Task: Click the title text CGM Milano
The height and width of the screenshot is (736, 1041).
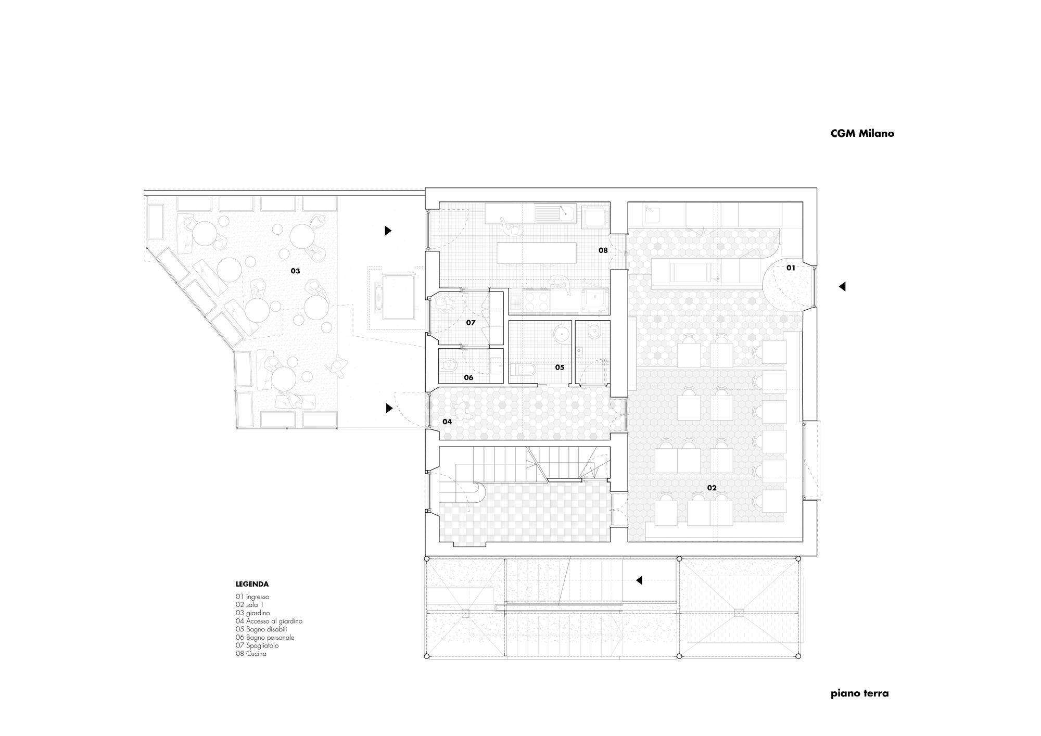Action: click(x=862, y=133)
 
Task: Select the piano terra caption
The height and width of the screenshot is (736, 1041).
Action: click(x=859, y=693)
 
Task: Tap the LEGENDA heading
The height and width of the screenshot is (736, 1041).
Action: click(x=252, y=584)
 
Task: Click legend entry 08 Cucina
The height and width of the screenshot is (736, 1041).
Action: click(x=251, y=653)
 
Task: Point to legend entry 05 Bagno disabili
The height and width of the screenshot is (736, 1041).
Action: click(x=261, y=629)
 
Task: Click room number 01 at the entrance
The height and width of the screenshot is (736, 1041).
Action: click(x=791, y=268)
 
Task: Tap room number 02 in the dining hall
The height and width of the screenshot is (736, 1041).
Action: click(x=712, y=488)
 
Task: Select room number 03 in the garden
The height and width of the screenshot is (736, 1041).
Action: click(x=295, y=271)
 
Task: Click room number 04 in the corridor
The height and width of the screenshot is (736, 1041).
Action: click(x=447, y=422)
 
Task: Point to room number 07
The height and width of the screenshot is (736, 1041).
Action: click(x=471, y=323)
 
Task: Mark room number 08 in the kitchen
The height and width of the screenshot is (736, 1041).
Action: click(x=603, y=250)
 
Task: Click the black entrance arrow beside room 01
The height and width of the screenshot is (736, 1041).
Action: click(x=842, y=286)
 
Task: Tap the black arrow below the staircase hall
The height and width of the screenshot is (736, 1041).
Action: click(x=639, y=580)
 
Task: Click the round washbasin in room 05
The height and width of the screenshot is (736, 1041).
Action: click(x=562, y=333)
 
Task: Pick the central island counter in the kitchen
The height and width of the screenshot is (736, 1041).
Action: click(x=537, y=252)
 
